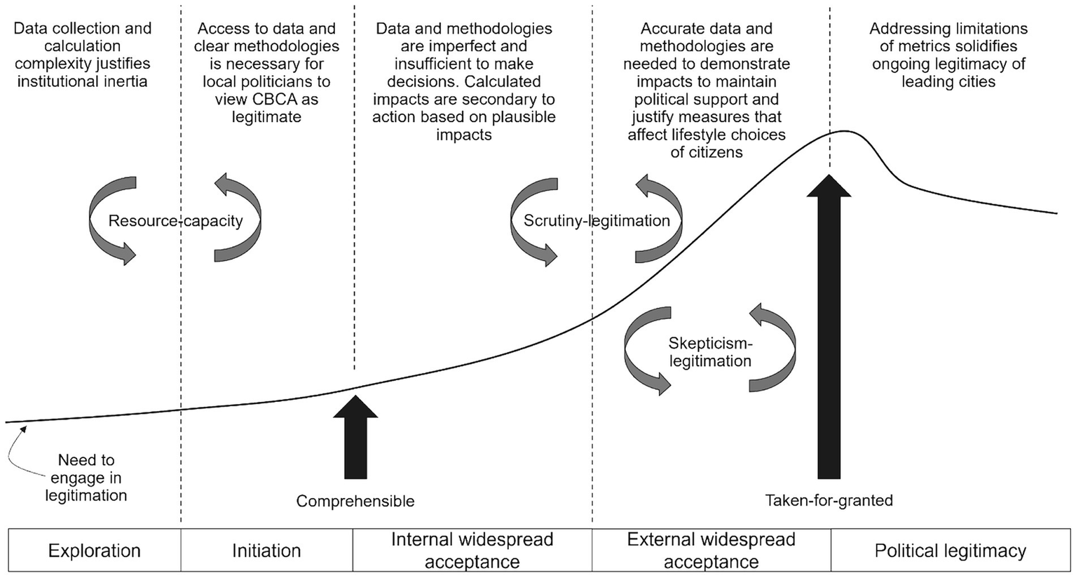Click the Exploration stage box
point(94,551)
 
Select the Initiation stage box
point(266,551)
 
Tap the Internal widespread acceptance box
point(472,551)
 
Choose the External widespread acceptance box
point(711,551)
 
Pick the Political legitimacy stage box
point(950,551)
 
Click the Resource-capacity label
point(175,221)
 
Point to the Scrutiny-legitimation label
point(597,221)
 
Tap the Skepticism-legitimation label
point(710,352)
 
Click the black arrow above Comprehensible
point(355,438)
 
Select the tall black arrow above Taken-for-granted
point(829,330)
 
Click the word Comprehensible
point(355,501)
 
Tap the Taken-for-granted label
point(829,501)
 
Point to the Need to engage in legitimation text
point(86,478)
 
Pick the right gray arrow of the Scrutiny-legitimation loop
point(659,219)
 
